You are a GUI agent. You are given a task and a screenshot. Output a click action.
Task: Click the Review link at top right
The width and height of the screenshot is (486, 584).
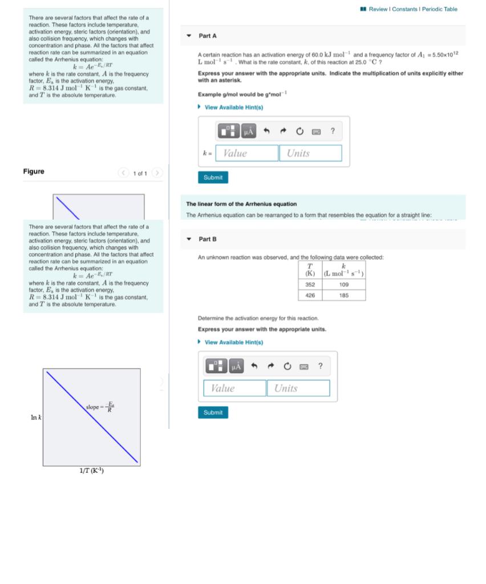click(x=378, y=9)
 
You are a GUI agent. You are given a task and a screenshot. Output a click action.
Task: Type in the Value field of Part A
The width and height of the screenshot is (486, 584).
click(x=246, y=153)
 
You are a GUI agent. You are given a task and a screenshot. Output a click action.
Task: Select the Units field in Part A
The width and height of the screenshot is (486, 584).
click(x=310, y=153)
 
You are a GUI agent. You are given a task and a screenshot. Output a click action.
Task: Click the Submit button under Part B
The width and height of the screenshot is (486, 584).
click(x=213, y=412)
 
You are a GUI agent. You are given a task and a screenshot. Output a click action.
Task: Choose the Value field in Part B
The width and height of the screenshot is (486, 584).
click(x=234, y=388)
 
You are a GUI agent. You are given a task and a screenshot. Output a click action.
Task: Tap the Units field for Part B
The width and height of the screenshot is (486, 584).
click(x=298, y=388)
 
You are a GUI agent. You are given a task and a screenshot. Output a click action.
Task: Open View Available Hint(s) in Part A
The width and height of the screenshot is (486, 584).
click(x=233, y=107)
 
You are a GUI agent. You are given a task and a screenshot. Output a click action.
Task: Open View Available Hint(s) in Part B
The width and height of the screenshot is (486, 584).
click(x=233, y=342)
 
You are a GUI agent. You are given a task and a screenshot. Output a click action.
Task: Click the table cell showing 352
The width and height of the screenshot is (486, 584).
click(x=310, y=284)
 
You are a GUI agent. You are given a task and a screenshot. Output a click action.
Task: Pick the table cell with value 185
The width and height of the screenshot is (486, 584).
click(x=343, y=295)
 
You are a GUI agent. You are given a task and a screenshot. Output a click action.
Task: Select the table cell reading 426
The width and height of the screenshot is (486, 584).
click(x=310, y=295)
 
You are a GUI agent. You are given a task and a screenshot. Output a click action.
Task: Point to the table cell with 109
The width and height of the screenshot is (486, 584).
click(x=343, y=284)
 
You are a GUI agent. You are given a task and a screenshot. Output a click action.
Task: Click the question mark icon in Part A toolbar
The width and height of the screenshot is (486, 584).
click(x=333, y=132)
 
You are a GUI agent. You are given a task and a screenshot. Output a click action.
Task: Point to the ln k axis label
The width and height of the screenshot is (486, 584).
click(x=35, y=418)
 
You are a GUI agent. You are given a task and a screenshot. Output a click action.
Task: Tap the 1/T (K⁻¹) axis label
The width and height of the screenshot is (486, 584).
click(x=91, y=471)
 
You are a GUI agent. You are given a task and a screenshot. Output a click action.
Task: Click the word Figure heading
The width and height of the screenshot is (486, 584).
click(x=34, y=172)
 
